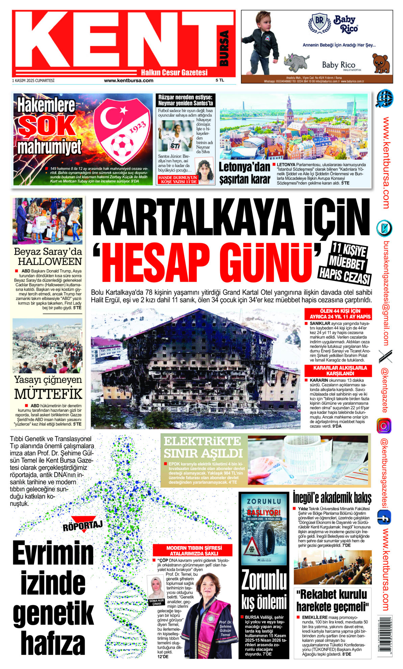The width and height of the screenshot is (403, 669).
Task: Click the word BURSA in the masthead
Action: pyautogui.click(x=224, y=48)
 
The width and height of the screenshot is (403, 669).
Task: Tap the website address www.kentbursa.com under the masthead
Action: pyautogui.click(x=128, y=80)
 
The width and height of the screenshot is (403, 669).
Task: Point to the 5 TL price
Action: pyautogui.click(x=220, y=80)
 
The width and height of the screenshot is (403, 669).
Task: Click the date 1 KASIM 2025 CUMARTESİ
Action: pyautogui.click(x=33, y=80)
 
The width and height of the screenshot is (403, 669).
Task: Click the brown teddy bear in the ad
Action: pyautogui.click(x=381, y=63)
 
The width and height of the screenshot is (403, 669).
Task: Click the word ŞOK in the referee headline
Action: pyautogui.click(x=47, y=126)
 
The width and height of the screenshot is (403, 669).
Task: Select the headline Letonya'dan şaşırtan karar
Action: pyautogui.click(x=244, y=173)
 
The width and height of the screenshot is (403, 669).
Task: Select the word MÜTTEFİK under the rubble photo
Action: pyautogui.click(x=48, y=394)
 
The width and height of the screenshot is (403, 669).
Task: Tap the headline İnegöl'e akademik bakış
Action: pyautogui.click(x=332, y=497)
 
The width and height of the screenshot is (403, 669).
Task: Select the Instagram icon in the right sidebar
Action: pyautogui.click(x=384, y=426)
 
